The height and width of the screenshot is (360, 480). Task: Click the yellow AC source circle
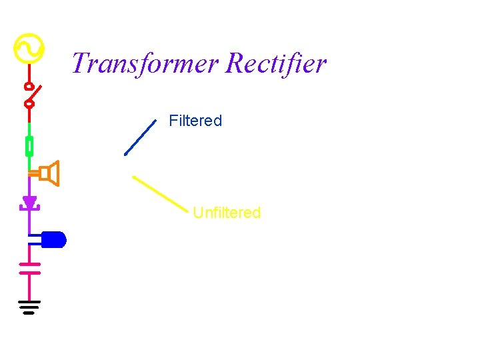[29, 49]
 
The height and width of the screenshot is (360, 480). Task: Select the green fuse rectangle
[29, 145]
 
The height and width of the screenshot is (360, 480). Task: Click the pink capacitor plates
[29, 267]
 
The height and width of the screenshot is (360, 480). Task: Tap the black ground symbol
[29, 307]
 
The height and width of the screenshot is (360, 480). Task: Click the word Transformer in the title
[145, 64]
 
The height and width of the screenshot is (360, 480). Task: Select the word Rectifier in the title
[276, 64]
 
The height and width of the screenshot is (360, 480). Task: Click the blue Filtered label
[195, 121]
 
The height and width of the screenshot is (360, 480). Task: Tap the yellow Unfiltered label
[227, 213]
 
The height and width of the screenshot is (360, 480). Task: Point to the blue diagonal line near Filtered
[140, 137]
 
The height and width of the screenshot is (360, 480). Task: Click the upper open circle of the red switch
[29, 86]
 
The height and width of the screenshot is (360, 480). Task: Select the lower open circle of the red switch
[29, 103]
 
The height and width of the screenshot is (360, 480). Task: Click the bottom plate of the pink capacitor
[29, 272]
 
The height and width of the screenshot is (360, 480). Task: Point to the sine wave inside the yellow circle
[29, 49]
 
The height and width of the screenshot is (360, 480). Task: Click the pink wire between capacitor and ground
[29, 287]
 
